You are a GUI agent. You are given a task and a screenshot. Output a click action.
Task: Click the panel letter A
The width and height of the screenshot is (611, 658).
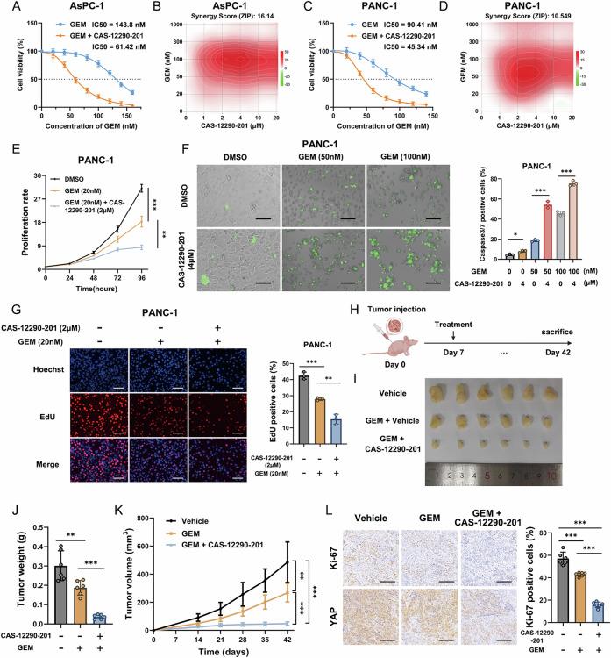pos(8,8)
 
